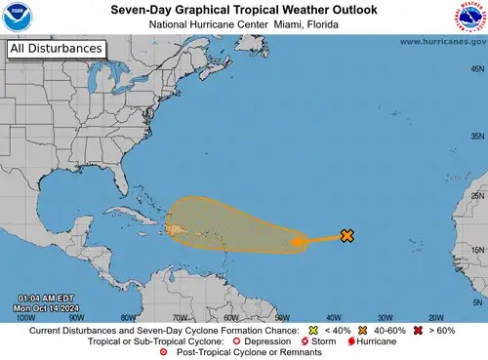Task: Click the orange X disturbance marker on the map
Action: pyautogui.click(x=346, y=235)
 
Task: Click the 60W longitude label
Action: pyautogui.click(x=230, y=317)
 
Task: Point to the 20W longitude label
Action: pyautogui.click(x=435, y=317)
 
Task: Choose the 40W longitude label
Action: pyautogui.click(x=333, y=317)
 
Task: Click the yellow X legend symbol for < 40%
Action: pyautogui.click(x=312, y=331)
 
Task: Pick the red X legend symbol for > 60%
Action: pyautogui.click(x=419, y=331)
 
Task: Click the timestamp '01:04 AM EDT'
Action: pyautogui.click(x=45, y=298)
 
